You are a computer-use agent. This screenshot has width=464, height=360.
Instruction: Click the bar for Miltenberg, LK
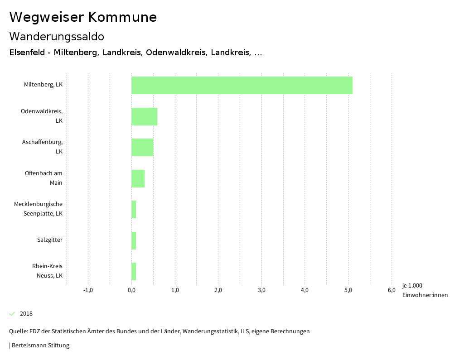(242, 85)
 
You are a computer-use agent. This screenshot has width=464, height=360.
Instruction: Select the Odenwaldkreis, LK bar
(144, 116)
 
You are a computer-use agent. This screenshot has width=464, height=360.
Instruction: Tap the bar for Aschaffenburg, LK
(142, 147)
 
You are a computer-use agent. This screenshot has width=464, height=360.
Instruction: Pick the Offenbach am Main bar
(138, 178)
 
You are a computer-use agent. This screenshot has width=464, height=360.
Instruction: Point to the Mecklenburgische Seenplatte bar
(134, 209)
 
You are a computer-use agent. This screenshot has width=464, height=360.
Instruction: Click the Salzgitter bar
(134, 240)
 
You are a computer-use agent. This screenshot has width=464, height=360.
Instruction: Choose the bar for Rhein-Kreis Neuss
(134, 271)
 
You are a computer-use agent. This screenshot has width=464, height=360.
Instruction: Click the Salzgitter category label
(50, 240)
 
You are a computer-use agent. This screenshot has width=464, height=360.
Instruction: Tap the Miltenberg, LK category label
(43, 84)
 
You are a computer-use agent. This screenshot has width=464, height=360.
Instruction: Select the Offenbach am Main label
(44, 178)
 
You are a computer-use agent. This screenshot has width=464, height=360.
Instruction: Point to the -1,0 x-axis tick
(88, 290)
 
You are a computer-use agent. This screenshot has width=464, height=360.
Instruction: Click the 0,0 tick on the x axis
(131, 290)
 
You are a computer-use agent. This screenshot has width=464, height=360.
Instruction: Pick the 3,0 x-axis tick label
(261, 290)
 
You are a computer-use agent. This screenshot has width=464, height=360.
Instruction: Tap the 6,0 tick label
(391, 290)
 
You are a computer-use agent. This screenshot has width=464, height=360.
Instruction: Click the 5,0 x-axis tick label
(348, 290)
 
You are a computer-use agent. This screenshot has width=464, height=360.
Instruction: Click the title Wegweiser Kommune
(83, 17)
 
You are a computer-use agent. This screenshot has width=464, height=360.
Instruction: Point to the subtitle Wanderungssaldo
(57, 36)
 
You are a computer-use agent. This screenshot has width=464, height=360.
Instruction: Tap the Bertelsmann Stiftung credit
(40, 346)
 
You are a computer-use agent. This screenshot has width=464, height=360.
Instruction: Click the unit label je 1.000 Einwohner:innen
(425, 290)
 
